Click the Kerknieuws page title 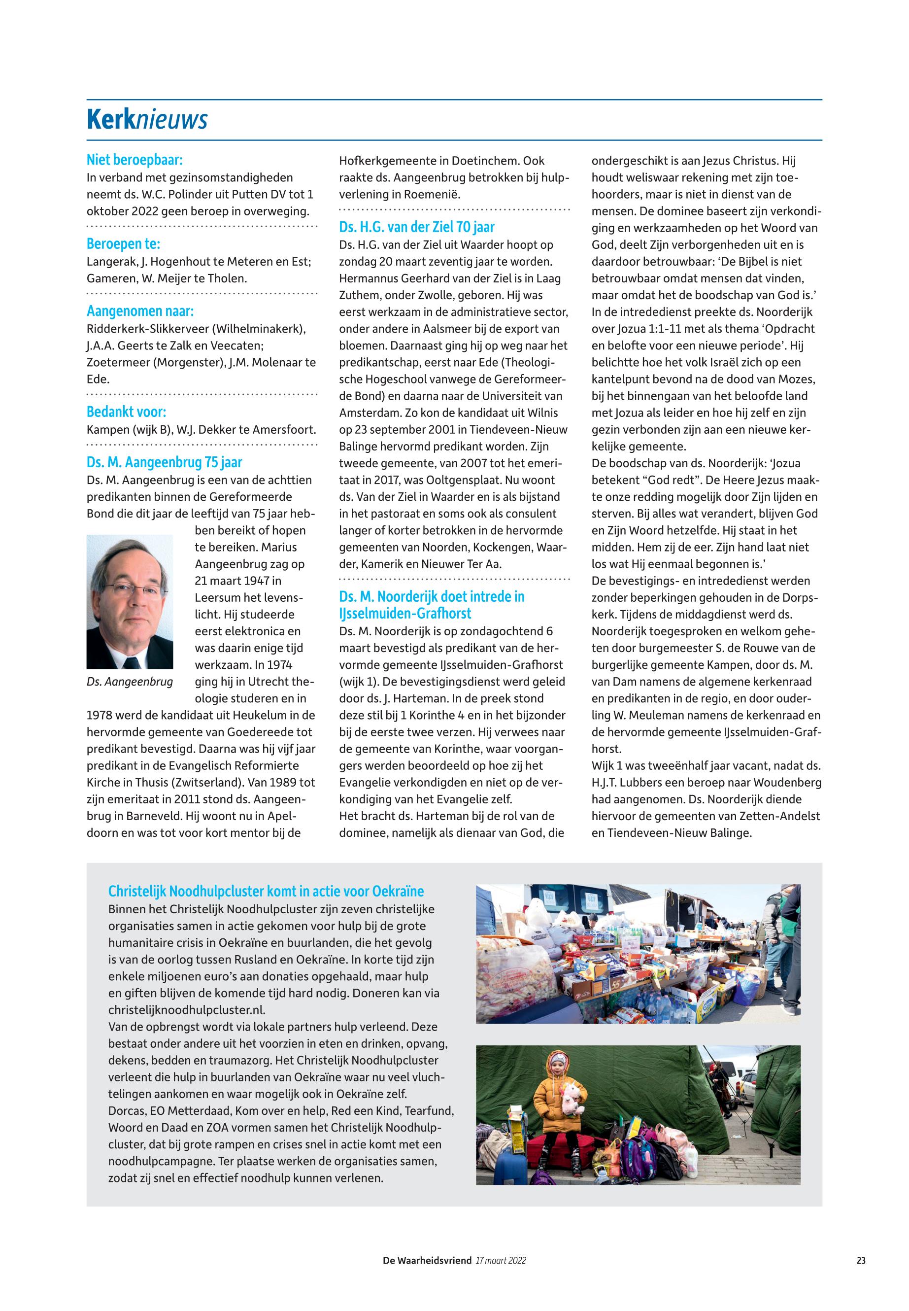coord(147,120)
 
